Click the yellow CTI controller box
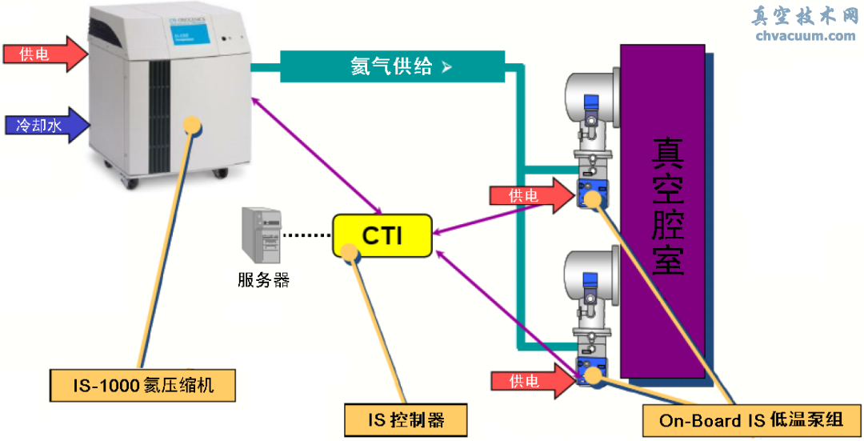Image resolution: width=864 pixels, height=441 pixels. point(382,235)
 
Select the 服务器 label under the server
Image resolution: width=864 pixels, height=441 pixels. point(263,280)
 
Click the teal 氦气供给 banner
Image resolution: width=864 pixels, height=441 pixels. point(392,66)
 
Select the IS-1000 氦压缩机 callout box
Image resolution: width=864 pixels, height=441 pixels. point(143,386)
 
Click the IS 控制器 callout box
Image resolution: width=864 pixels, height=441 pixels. point(405,419)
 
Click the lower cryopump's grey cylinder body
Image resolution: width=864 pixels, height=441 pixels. point(589,276)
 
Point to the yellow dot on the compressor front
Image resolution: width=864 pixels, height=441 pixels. point(192,125)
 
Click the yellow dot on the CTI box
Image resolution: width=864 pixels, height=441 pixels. point(349,251)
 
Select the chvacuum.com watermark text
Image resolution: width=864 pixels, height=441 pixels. point(805,36)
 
